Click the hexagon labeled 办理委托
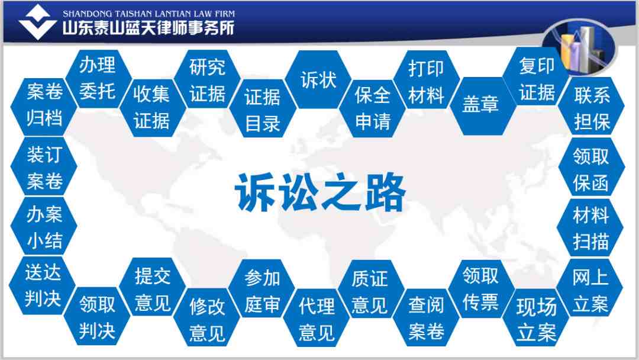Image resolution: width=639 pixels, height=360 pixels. click(98, 79)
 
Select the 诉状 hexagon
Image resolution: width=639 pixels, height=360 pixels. click(318, 79)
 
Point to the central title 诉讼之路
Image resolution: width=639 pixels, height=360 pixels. click(320, 192)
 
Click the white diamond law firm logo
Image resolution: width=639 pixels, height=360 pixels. click(37, 22)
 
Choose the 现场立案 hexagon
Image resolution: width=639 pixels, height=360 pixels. click(536, 318)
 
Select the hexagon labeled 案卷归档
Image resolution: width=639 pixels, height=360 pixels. click(44, 107)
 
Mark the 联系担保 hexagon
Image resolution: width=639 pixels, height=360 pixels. click(591, 106)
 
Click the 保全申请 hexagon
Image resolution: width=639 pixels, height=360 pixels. click(373, 108)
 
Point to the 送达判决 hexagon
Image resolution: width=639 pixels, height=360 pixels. click(43, 285)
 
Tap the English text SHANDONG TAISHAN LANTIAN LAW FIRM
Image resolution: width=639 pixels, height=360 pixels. click(149, 14)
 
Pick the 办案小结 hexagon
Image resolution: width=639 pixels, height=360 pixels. click(44, 226)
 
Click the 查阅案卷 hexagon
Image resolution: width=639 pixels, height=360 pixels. click(426, 317)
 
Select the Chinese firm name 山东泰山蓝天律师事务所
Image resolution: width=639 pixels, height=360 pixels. click(149, 28)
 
